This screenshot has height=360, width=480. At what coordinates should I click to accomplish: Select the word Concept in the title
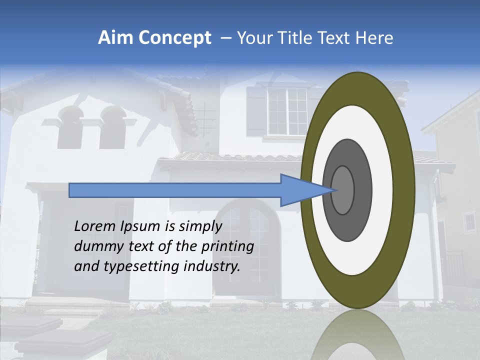point(174,38)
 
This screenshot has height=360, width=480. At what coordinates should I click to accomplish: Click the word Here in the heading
point(375,38)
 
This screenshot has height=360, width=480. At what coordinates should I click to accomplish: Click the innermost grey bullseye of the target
point(343,190)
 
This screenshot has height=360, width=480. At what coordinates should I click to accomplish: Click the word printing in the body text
point(227,247)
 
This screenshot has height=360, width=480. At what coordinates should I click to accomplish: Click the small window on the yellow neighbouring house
point(469,221)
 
